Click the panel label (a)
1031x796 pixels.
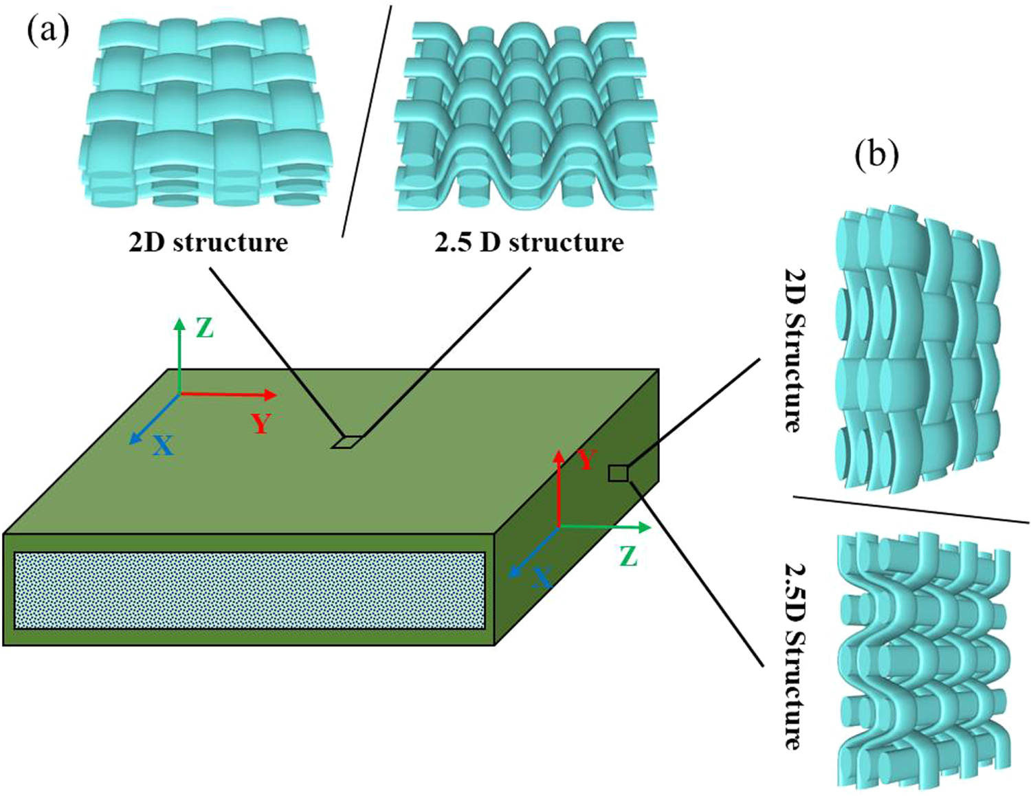point(48,30)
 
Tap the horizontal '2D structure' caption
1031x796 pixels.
point(208,243)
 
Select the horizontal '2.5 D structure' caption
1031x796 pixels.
point(529,243)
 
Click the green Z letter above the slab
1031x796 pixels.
point(204,329)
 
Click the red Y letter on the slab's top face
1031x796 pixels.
point(261,423)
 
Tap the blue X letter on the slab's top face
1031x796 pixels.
point(162,446)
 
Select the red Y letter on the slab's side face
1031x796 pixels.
point(586,459)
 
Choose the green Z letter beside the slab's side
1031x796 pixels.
point(628,555)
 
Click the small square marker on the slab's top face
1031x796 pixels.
point(346,442)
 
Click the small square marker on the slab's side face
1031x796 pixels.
point(618,473)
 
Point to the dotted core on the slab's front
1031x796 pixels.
point(250,590)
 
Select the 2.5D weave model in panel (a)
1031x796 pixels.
point(526,117)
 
